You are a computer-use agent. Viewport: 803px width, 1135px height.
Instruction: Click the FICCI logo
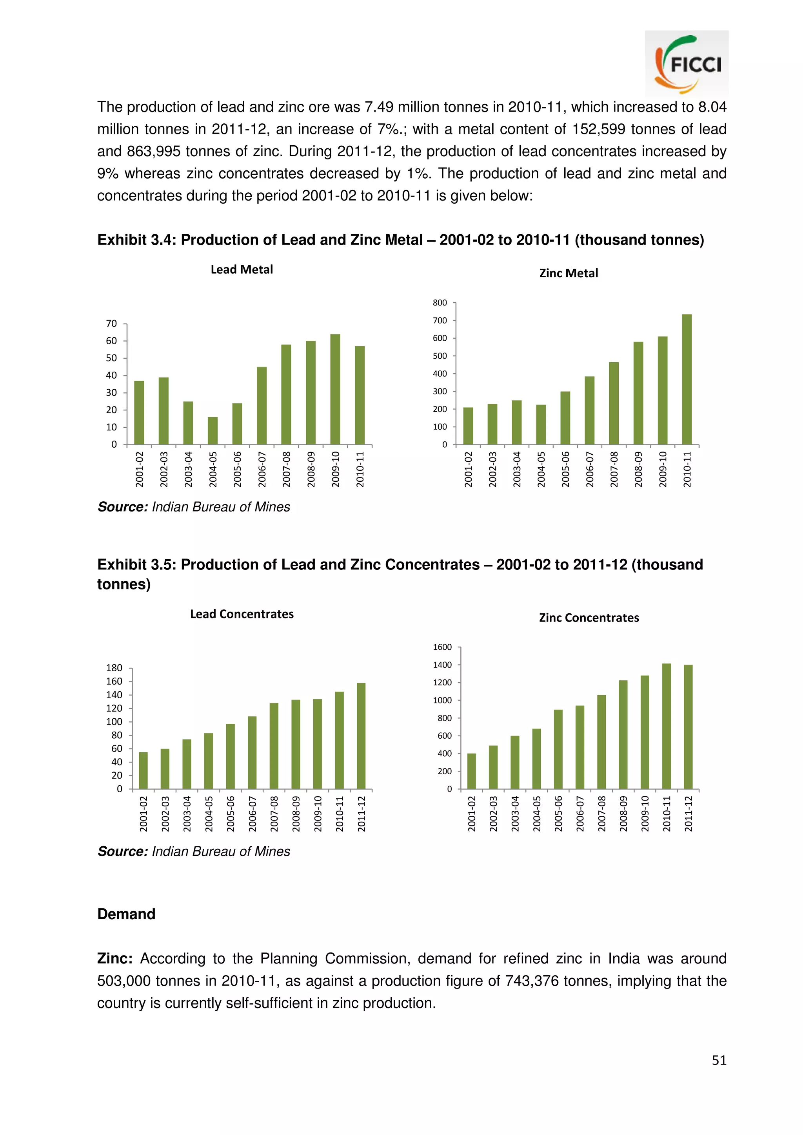coord(687,64)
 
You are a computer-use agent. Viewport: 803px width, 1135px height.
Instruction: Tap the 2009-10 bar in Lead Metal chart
coord(335,390)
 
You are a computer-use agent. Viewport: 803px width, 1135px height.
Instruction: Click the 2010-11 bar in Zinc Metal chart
coord(687,379)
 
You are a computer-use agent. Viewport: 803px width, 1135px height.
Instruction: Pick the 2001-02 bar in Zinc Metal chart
coord(468,426)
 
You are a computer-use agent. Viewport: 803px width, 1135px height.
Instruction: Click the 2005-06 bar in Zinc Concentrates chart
coord(558,749)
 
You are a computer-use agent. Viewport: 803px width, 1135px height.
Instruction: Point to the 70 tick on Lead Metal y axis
coord(112,324)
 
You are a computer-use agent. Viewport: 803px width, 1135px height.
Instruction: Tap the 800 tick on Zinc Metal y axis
coord(440,302)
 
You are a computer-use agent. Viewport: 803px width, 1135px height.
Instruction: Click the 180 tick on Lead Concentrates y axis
coord(114,668)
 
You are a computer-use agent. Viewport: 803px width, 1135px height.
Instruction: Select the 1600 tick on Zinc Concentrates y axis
coord(442,647)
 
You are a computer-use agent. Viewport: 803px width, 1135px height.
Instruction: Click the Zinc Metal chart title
coord(569,273)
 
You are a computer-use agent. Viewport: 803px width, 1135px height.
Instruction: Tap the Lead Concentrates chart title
coord(242,614)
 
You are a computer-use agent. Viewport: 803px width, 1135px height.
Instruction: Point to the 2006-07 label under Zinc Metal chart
coord(590,469)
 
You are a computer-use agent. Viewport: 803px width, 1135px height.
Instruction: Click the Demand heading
coord(126,914)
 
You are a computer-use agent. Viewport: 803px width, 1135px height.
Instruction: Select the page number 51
coord(719,1060)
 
